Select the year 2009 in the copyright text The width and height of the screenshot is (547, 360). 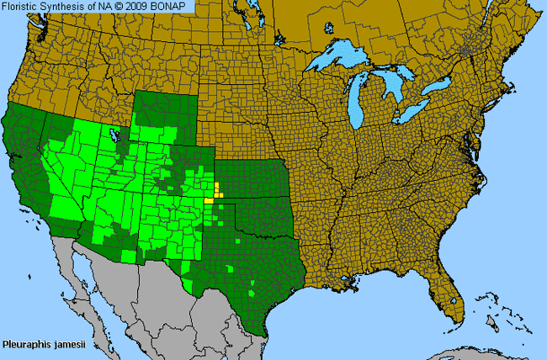click(x=141, y=7)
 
